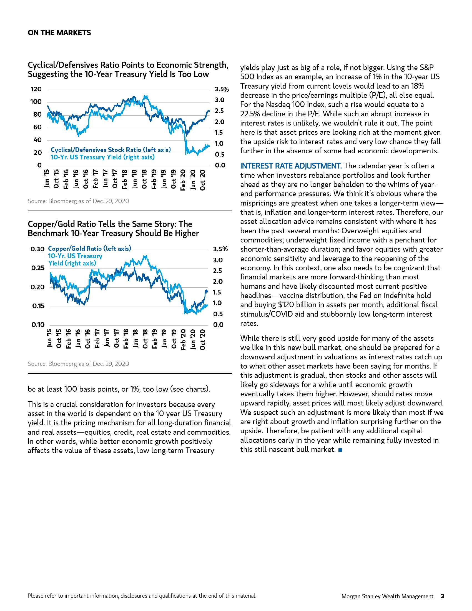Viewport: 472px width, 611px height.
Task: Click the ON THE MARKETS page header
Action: pyautogui.click(x=59, y=33)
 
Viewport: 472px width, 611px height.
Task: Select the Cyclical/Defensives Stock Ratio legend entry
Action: pyautogui.click(x=111, y=150)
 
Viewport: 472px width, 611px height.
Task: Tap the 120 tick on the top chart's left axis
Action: pyautogui.click(x=36, y=89)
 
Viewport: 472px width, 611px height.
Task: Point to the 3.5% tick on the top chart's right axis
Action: pyautogui.click(x=222, y=89)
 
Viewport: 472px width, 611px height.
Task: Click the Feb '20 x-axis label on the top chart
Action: pyautogui.click(x=183, y=180)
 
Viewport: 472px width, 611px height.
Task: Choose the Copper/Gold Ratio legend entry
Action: pyautogui.click(x=89, y=249)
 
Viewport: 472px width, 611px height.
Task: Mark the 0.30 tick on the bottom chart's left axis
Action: pyautogui.click(x=37, y=249)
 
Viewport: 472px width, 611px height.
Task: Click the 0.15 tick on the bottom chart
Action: pyautogui.click(x=38, y=306)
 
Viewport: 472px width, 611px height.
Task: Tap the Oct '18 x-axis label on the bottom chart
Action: pyautogui.click(x=145, y=339)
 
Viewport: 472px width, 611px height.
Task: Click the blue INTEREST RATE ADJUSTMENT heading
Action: pyautogui.click(x=291, y=166)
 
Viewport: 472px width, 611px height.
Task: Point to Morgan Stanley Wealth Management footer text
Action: pyautogui.click(x=387, y=596)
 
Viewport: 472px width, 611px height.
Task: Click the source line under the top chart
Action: pyautogui.click(x=78, y=201)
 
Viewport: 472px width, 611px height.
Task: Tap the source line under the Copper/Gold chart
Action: pyautogui.click(x=78, y=364)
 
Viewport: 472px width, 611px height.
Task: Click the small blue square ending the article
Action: pyautogui.click(x=340, y=450)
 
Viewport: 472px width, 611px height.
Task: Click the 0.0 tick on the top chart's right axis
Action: pyautogui.click(x=220, y=165)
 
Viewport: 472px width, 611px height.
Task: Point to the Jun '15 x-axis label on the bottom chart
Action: pyautogui.click(x=49, y=338)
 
